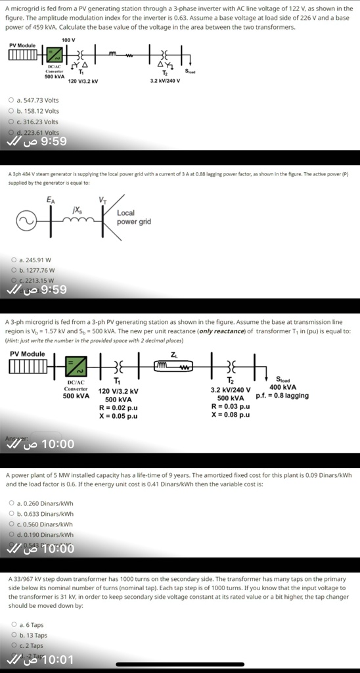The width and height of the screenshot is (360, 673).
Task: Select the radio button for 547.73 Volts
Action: click(x=11, y=100)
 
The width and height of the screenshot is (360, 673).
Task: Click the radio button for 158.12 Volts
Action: click(x=11, y=111)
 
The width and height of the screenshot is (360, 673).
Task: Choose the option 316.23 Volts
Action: click(x=11, y=122)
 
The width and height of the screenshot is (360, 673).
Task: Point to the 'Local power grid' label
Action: click(x=133, y=218)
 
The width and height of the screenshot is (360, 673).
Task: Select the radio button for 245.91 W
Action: click(x=11, y=260)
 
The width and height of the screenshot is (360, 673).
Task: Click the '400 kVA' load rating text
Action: click(x=282, y=387)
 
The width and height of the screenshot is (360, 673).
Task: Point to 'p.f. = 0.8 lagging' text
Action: click(x=282, y=396)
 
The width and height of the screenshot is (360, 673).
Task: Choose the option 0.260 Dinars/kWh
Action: click(x=11, y=503)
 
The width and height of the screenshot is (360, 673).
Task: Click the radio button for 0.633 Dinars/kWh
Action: click(x=11, y=514)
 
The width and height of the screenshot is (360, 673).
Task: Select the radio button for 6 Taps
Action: click(x=14, y=625)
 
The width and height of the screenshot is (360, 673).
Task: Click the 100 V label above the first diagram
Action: click(x=69, y=41)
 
